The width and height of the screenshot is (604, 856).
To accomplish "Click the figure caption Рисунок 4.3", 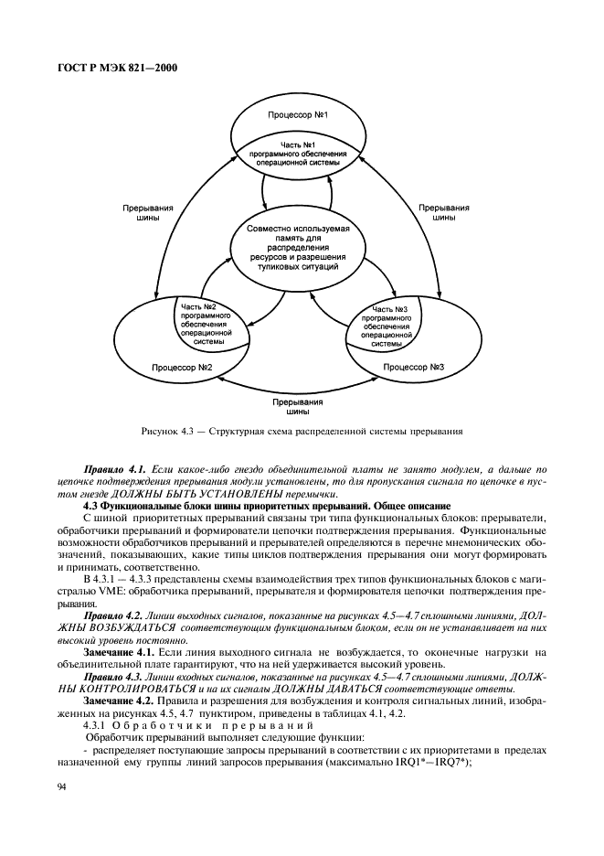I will point(302,430).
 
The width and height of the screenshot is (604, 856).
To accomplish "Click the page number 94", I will point(62,786).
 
